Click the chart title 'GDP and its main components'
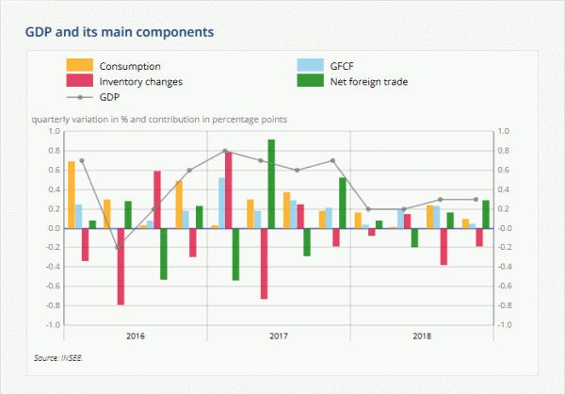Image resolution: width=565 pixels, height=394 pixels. pos(120,33)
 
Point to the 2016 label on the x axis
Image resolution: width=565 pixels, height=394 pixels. pos(135,336)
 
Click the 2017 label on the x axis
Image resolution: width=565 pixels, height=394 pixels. pos(279,336)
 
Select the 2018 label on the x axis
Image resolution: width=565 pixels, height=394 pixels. pos(421,336)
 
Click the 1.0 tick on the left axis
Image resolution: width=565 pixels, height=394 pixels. pos(53,131)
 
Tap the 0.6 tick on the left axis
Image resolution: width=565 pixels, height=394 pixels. pos(53,171)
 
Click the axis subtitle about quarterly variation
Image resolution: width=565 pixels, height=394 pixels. pos(159,120)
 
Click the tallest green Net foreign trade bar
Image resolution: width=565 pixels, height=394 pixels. pos(271,184)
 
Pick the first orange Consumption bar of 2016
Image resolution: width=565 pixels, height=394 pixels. pos(71,195)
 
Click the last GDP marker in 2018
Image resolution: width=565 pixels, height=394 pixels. pos(475,199)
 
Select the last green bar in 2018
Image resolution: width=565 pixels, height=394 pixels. pos(486,214)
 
